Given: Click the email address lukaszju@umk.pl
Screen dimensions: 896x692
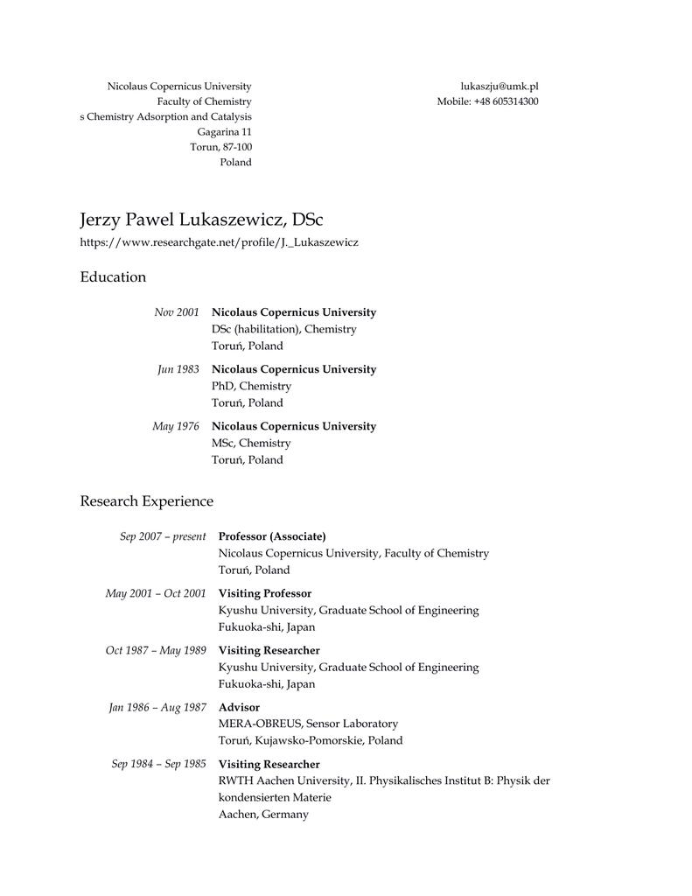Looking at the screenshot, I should click(x=499, y=86).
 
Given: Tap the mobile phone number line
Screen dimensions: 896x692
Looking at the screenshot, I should click(x=487, y=101).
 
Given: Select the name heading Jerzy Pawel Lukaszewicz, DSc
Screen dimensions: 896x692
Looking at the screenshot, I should click(x=201, y=219).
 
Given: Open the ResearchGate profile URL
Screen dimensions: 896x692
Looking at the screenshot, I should click(x=219, y=241).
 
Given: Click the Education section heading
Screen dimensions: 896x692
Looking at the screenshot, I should click(x=113, y=277).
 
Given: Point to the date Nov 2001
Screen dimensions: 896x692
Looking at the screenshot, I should click(x=177, y=312).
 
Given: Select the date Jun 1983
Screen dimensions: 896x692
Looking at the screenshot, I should click(x=178, y=369).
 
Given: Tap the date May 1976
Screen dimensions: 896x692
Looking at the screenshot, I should click(x=176, y=426).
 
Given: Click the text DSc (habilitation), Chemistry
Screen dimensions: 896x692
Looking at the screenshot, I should click(x=284, y=329).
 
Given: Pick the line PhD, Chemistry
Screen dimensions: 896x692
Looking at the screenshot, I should click(x=252, y=386).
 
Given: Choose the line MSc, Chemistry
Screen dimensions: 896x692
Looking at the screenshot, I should click(x=252, y=443).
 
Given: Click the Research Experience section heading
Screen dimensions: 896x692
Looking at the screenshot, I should click(x=147, y=501).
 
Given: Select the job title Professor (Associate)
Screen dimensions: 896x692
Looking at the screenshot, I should click(x=272, y=536).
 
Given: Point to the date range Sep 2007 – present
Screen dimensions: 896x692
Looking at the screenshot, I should click(x=163, y=536).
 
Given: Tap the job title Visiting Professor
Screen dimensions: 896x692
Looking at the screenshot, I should click(x=265, y=593).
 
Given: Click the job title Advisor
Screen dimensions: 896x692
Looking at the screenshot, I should click(x=239, y=707).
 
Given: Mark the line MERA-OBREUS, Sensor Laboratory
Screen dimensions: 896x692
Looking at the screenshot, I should click(x=308, y=724).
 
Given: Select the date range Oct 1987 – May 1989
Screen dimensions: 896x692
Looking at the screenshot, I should click(x=156, y=650).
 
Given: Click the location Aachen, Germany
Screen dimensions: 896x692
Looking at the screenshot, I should click(x=263, y=815).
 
